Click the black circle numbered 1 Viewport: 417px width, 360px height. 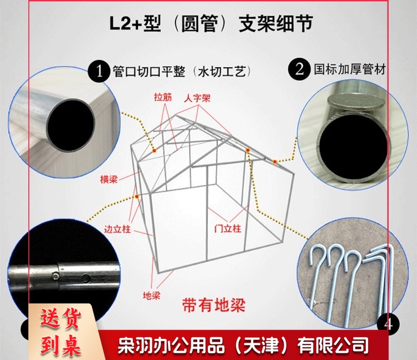tap(99, 71)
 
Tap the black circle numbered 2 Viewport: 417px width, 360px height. tap(300, 69)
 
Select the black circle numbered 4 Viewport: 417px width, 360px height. tap(388, 324)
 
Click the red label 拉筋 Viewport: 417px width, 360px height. tap(163, 97)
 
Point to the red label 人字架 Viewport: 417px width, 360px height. tap(197, 98)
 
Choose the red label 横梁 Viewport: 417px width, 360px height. tap(109, 179)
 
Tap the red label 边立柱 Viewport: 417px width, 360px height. tap(117, 229)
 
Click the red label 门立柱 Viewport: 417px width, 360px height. tap(228, 228)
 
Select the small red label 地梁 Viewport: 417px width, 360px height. tap(152, 296)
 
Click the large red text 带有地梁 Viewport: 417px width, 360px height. tap(214, 305)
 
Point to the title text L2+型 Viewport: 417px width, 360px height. tap(135, 24)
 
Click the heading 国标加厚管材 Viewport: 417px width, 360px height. tap(350, 69)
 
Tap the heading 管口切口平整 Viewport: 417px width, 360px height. tap(149, 72)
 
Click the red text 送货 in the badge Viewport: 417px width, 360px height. tap(61, 319)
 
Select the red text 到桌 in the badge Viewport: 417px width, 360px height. tap(61, 345)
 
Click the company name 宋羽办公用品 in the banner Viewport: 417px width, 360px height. tap(171, 346)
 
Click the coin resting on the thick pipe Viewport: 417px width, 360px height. tap(356, 102)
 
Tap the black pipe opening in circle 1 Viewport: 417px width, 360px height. tap(71, 125)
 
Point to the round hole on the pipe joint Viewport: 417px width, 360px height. tap(86, 278)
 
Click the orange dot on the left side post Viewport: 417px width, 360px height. tap(137, 197)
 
